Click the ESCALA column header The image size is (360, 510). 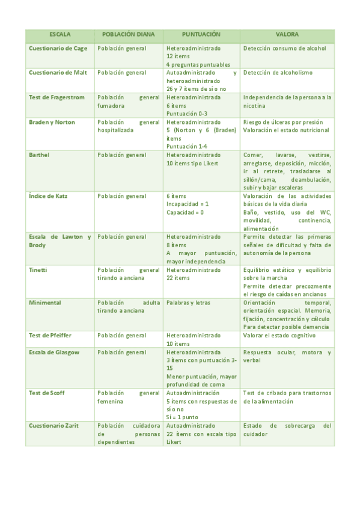pos(60,35)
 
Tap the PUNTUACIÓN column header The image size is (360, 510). pos(201,35)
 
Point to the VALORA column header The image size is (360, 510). pos(287,35)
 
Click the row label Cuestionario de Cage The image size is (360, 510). pos(58,48)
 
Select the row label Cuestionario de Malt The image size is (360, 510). pos(58,73)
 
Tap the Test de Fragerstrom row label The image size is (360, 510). pos(58,97)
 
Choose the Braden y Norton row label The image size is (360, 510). pos(52,122)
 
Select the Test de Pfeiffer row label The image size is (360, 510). pos(52,335)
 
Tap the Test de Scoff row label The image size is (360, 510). pos(47,393)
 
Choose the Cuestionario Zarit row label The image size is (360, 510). pos(55,425)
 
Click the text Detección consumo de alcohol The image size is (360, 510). pos(285,48)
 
